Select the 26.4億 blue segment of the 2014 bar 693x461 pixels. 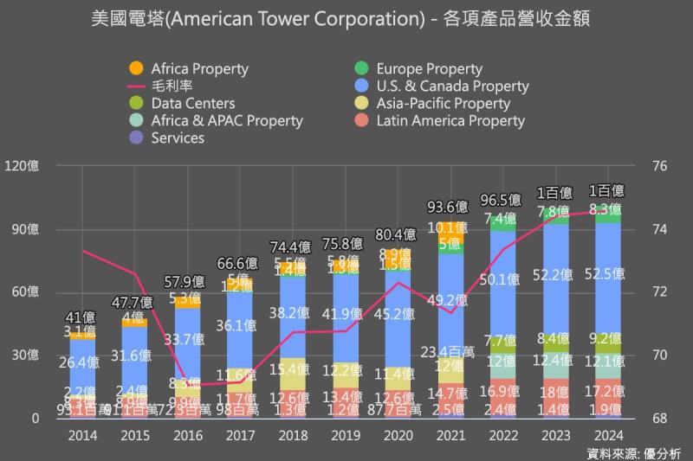83,362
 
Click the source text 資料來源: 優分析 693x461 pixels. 634,452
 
